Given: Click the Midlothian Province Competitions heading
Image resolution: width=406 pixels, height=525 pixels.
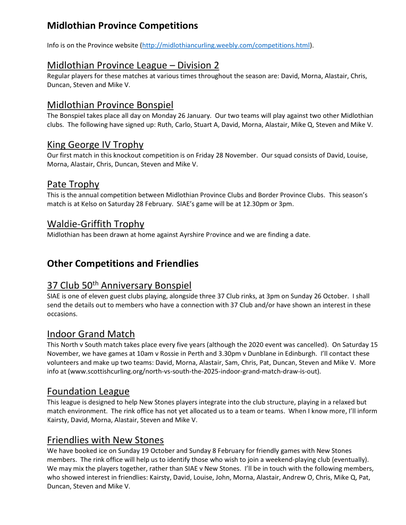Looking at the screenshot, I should tap(122, 25).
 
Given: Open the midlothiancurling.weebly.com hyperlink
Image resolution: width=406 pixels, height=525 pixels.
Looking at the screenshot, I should tap(226, 46).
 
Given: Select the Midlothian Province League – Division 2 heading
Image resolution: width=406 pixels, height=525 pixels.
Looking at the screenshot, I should tap(133, 65).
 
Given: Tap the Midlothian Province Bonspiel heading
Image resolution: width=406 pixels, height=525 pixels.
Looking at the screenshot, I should tap(110, 105).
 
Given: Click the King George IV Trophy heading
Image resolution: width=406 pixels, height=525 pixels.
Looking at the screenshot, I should tap(95, 144).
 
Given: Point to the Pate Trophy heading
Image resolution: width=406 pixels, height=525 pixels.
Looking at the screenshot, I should tap(73, 184).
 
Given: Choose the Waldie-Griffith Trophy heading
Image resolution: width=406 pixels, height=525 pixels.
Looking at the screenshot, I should tap(96, 224).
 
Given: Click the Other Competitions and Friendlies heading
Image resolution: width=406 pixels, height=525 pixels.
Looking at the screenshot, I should tap(122, 263).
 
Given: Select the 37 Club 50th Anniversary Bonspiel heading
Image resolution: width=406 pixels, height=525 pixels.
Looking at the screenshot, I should tap(119, 286).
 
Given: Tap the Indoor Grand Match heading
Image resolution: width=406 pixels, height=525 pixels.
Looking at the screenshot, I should tap(91, 334).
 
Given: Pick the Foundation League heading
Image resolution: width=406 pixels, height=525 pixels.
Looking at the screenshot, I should tap(88, 391).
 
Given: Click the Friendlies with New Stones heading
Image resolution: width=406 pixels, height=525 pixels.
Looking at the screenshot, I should tap(105, 440).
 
